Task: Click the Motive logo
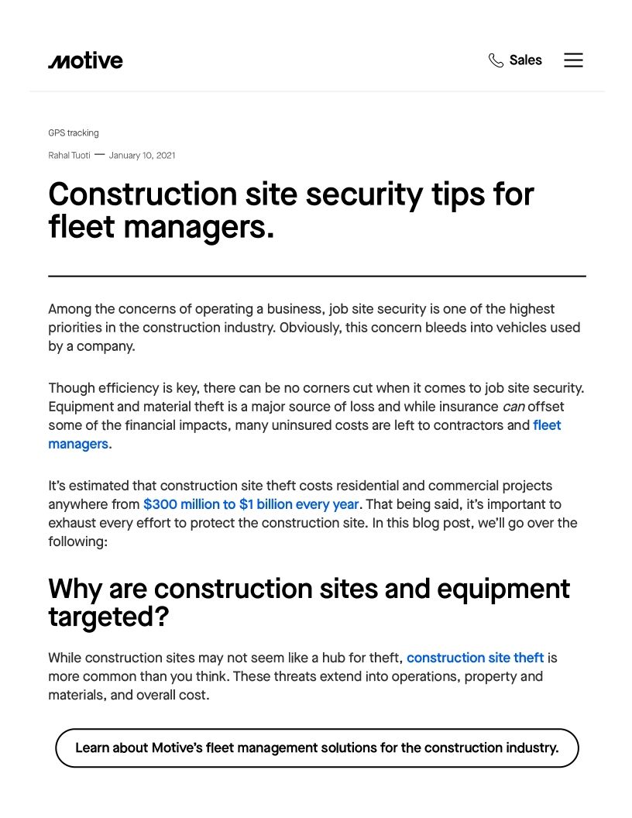tap(85, 60)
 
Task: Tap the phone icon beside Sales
tap(496, 60)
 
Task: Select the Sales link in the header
tap(525, 60)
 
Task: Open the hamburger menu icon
tap(573, 60)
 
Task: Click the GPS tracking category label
tap(74, 133)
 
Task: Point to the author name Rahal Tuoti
tap(69, 156)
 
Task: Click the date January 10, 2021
tap(142, 156)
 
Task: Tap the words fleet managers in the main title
tap(161, 227)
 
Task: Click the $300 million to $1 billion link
tap(251, 504)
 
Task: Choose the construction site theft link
tap(475, 658)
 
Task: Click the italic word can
tap(513, 407)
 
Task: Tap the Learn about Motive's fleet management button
tap(317, 748)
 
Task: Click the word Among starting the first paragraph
tap(70, 309)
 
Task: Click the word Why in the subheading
tap(75, 589)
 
